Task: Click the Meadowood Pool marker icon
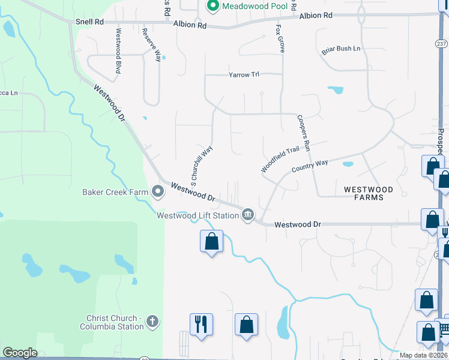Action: point(212,6)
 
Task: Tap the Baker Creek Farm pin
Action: point(158,192)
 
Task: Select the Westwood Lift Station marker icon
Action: point(247,215)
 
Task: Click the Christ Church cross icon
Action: point(152,322)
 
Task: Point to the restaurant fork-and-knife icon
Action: point(200,325)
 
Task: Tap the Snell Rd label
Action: point(89,21)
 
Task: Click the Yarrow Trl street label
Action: point(243,75)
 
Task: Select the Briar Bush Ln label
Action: point(340,50)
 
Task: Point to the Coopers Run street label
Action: point(303,133)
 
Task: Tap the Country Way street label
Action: point(310,166)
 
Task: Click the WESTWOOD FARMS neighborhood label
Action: point(369,194)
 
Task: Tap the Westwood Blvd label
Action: point(118,51)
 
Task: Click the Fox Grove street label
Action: point(280,38)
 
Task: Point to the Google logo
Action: point(20,353)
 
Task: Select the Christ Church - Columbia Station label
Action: point(112,322)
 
